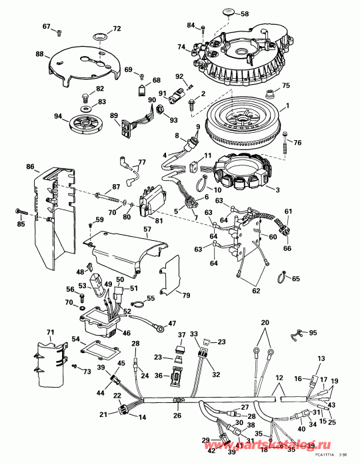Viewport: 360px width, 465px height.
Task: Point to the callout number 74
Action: point(181,47)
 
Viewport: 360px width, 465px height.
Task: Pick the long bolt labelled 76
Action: point(285,141)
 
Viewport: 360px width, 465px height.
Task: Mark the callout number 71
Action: point(49,332)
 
